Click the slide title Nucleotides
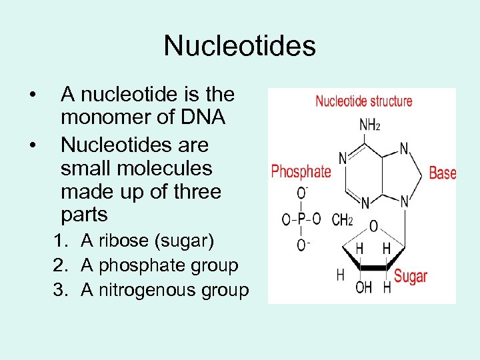[239, 46]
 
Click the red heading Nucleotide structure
[363, 101]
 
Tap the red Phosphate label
[301, 171]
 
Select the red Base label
[442, 173]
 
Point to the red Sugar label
[410, 276]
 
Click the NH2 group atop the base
[370, 125]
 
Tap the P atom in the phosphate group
[302, 219]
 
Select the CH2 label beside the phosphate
[342, 219]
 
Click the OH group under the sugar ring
[363, 287]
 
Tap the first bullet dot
[32, 94]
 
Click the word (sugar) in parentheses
[184, 240]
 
